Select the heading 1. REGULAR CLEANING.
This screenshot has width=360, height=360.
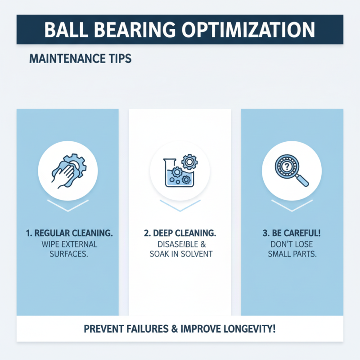pos(67,234)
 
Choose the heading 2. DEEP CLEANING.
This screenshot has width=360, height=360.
pos(180,234)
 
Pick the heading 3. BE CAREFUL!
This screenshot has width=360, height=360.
pos(292,234)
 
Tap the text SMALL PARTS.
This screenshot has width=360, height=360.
pos(292,254)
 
